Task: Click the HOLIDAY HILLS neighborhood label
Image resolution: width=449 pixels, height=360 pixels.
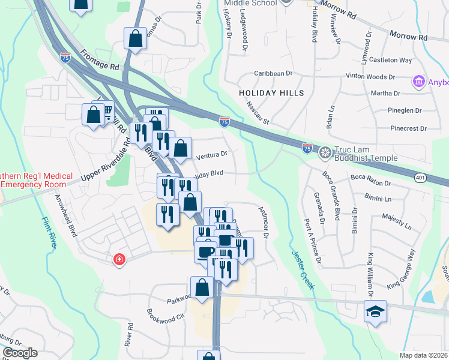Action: click(271, 93)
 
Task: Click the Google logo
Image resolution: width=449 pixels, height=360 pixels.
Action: click(19, 353)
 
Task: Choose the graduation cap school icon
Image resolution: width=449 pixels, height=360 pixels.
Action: click(375, 311)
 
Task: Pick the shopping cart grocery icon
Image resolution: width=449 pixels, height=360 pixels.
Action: click(106, 112)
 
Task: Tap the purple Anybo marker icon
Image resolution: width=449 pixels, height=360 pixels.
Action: click(418, 81)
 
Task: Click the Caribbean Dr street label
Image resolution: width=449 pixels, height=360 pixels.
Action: click(273, 73)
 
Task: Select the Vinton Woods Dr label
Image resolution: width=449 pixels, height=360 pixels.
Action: click(371, 77)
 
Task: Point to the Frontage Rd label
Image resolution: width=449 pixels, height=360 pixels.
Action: click(98, 61)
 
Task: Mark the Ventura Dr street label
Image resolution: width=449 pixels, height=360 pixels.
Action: click(211, 154)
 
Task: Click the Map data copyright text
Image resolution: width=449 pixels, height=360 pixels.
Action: click(423, 355)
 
